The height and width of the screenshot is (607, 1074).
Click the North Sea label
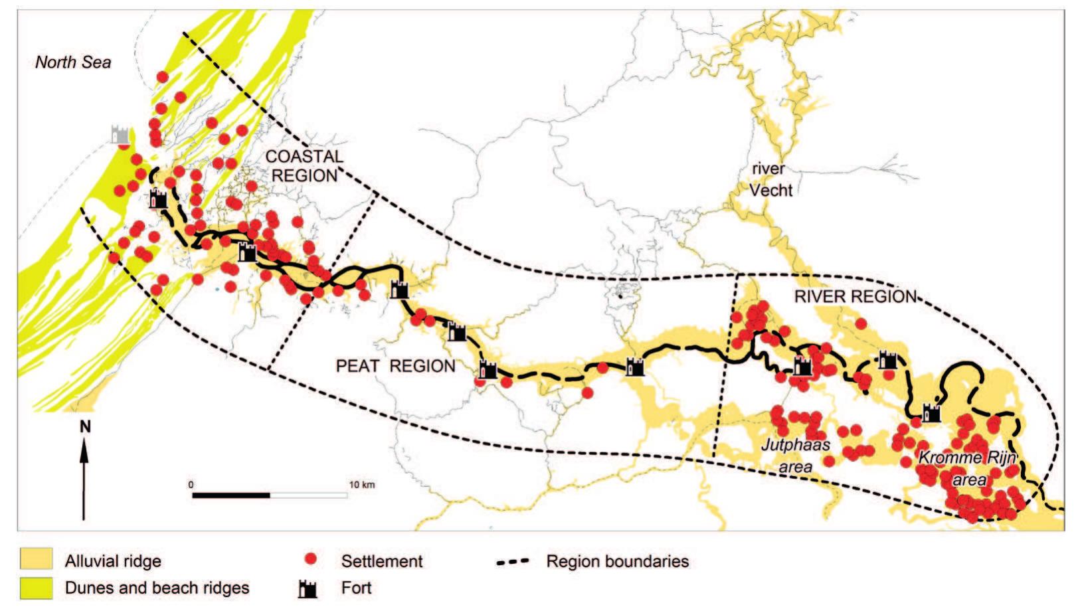[x=73, y=62]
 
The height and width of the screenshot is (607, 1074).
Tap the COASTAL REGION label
[x=304, y=166]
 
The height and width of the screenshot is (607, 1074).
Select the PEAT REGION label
[x=396, y=366]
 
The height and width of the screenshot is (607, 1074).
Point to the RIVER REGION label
[x=855, y=297]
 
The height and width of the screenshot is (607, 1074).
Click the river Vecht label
[x=770, y=179]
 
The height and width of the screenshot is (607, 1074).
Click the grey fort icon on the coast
[x=121, y=133]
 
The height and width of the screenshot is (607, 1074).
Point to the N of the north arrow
[x=84, y=427]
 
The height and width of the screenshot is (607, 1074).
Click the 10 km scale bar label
[x=361, y=484]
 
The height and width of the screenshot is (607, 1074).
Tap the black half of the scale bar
[x=231, y=495]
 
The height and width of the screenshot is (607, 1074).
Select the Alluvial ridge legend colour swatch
[x=36, y=560]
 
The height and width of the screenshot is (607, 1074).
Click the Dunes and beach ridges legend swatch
[x=36, y=587]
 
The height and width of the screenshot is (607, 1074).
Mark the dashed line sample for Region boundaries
[x=512, y=562]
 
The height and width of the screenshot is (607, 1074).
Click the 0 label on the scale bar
[x=191, y=484]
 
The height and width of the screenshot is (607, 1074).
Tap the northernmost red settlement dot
[x=162, y=77]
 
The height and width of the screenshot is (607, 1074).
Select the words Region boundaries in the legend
[x=617, y=561]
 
